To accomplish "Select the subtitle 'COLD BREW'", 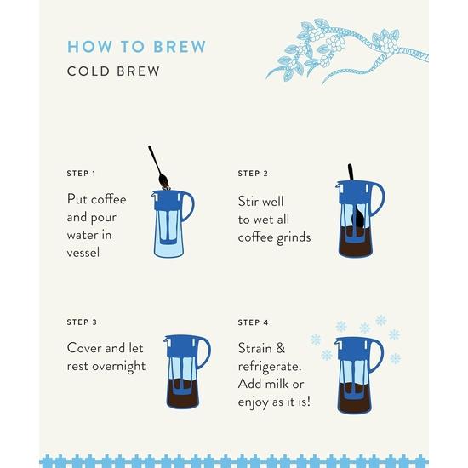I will point(113,71).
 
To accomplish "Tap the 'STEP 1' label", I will point(82,174).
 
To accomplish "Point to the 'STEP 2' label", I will point(253,174).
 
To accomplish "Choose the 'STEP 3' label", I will point(82,322).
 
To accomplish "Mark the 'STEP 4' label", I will point(253,322).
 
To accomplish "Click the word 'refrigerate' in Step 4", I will point(275,366).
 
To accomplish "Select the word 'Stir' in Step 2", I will point(248,203).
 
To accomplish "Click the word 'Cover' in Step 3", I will point(86,348).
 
